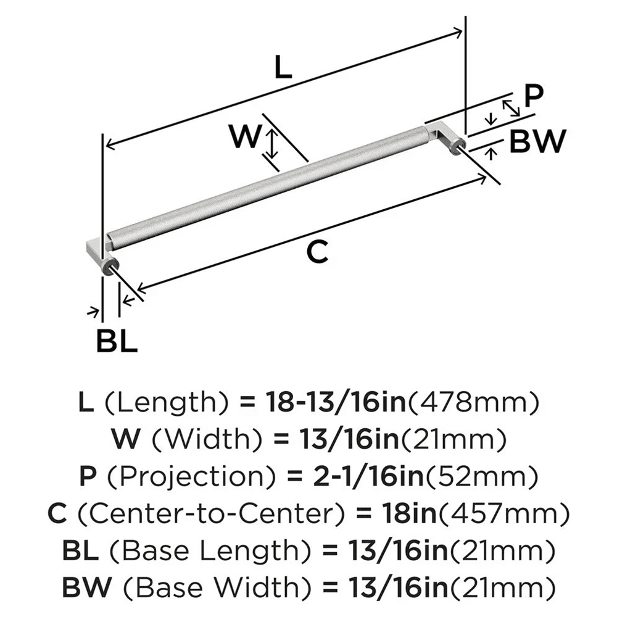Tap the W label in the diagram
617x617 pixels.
(x=244, y=136)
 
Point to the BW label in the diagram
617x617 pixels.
(x=538, y=143)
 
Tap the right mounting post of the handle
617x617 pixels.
(x=458, y=146)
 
